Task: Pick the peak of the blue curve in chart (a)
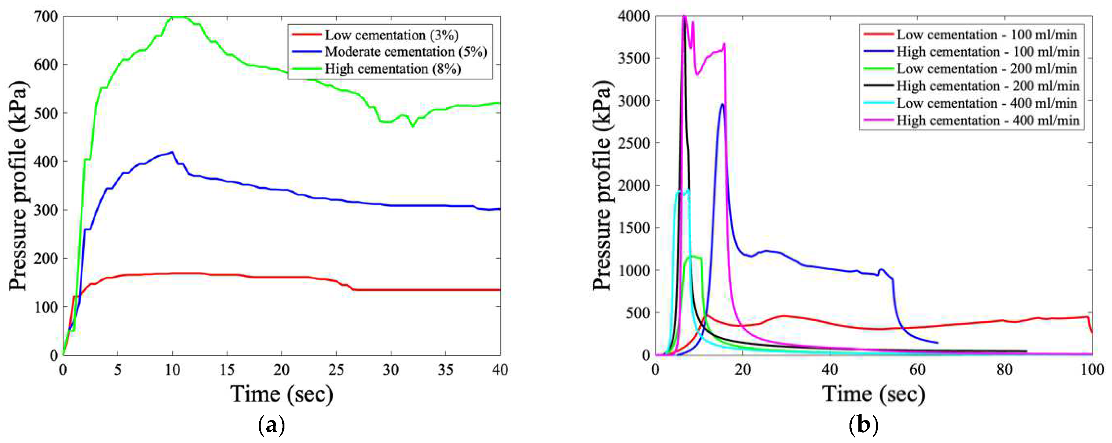[x=173, y=152]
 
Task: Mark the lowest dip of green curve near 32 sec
[x=413, y=127]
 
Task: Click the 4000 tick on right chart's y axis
[x=633, y=17]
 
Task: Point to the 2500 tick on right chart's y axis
[x=633, y=143]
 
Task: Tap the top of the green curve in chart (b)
[x=693, y=256]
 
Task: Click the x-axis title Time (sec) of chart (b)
[x=873, y=394]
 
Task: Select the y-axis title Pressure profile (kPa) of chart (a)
[x=18, y=186]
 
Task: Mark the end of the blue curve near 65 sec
[x=938, y=343]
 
